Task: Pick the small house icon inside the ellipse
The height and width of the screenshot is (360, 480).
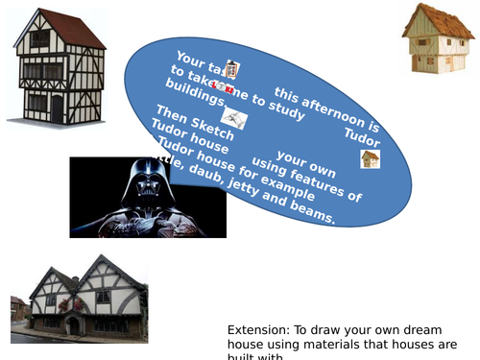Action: pyautogui.click(x=370, y=159)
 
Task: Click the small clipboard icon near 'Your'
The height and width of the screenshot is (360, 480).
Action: pyautogui.click(x=231, y=69)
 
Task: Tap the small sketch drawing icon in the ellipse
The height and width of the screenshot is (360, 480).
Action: pyautogui.click(x=234, y=119)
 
